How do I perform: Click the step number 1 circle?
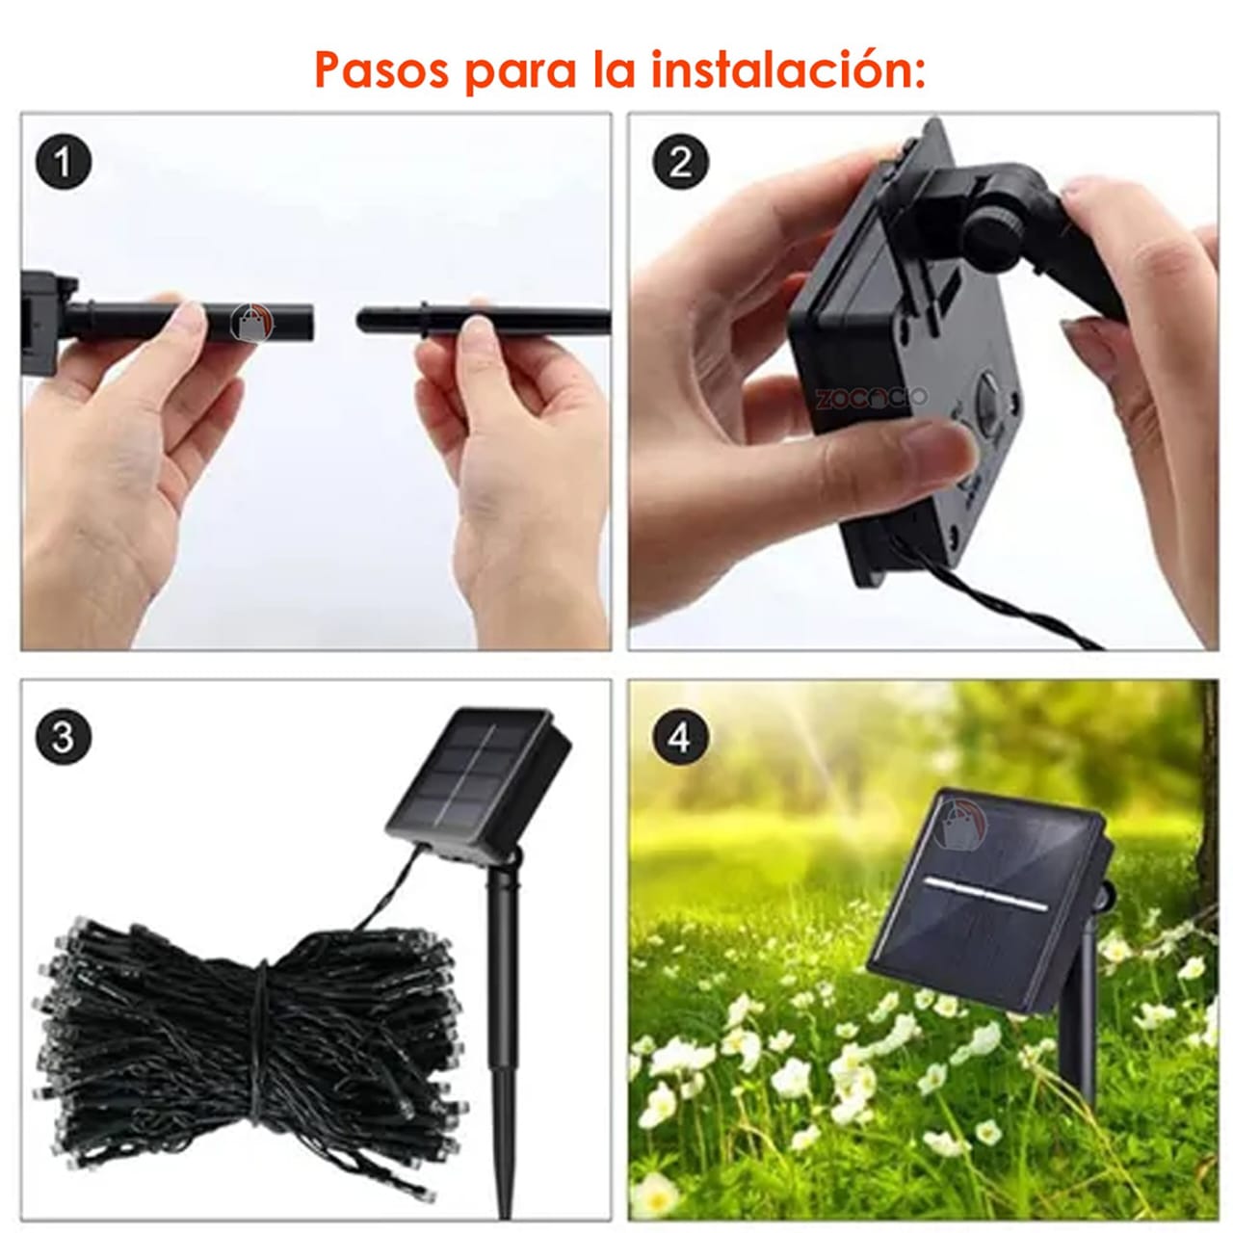(x=64, y=163)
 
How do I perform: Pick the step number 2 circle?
(x=680, y=162)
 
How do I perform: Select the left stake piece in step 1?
(x=193, y=321)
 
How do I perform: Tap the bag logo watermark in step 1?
(x=252, y=322)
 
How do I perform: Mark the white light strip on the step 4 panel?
(x=983, y=894)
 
